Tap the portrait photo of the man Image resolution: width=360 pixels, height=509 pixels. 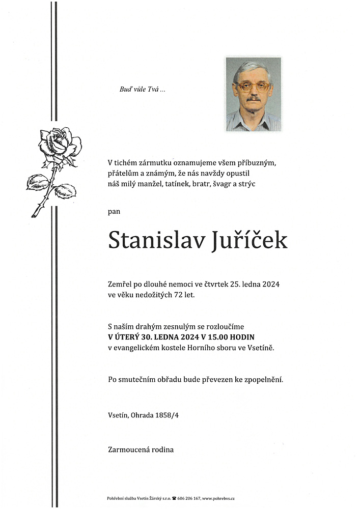click(x=253, y=94)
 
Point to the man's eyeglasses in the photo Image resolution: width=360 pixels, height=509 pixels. click(x=253, y=86)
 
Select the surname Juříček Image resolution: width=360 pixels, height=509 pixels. click(x=248, y=240)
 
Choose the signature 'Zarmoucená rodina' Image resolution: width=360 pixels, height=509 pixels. click(x=141, y=449)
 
